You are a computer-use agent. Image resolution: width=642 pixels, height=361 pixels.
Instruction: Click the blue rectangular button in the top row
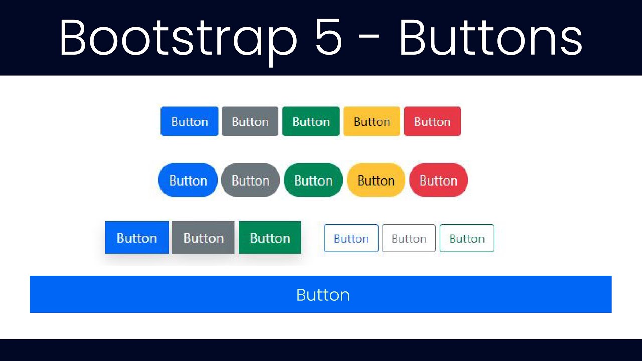point(189,121)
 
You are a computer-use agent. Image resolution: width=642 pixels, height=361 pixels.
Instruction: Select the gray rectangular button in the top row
point(250,121)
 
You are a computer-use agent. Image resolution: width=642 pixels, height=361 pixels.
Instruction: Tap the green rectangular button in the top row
point(311,121)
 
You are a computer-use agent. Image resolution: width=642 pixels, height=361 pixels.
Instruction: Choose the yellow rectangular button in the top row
point(372,121)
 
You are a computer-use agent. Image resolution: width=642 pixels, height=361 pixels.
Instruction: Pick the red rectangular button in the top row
point(432,121)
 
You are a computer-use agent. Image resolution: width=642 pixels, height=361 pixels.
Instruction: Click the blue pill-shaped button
point(188,180)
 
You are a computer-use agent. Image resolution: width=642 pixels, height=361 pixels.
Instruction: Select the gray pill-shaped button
point(250,180)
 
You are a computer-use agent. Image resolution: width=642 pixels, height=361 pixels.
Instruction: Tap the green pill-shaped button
point(313,180)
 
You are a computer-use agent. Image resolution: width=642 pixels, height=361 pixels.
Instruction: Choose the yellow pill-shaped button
point(376,180)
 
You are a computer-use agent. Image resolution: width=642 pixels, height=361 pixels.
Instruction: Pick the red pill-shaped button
point(438,180)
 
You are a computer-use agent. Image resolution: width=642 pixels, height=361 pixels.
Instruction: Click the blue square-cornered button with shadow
point(137,238)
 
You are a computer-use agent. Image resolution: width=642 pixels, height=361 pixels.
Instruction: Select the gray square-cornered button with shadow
point(203,238)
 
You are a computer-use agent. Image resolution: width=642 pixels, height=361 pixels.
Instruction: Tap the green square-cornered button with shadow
point(270,238)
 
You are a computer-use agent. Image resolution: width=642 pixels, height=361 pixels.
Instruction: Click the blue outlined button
point(351,238)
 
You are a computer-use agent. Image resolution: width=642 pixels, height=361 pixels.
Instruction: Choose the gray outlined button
point(409,238)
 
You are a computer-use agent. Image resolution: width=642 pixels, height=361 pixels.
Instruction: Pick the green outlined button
point(466,238)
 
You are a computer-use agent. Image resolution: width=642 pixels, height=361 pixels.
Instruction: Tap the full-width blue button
point(321,294)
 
